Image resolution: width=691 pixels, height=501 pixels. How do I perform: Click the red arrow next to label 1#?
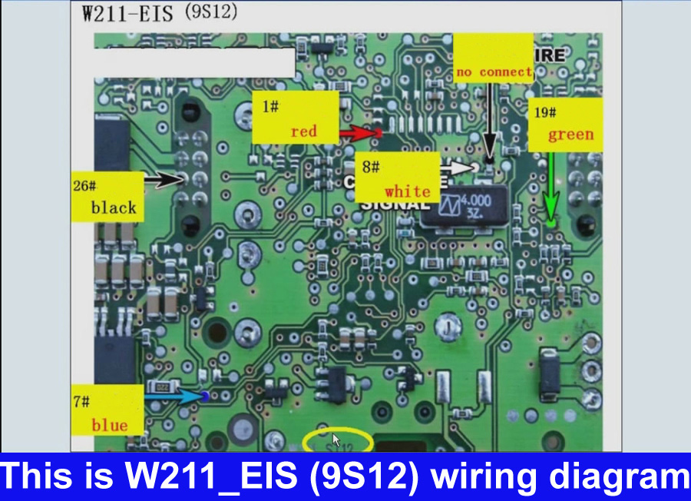359,134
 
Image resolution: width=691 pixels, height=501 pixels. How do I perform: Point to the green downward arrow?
550,184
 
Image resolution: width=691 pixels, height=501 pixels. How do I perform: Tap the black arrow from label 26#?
163,181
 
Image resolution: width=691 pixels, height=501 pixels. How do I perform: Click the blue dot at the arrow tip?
205,396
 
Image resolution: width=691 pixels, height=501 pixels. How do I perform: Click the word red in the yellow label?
303,131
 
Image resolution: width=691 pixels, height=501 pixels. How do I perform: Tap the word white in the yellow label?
408,191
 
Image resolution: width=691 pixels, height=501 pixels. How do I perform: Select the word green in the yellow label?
570,135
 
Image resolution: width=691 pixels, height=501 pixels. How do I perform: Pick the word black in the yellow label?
114,207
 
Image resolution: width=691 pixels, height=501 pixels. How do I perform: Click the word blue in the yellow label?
110,425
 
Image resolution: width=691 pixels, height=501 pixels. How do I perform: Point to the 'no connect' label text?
494,72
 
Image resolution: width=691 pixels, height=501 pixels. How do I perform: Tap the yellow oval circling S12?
338,441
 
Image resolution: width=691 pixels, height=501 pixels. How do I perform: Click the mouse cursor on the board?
335,440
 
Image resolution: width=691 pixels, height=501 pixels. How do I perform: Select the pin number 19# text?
545,112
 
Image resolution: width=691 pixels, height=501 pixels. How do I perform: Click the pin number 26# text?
84,186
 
